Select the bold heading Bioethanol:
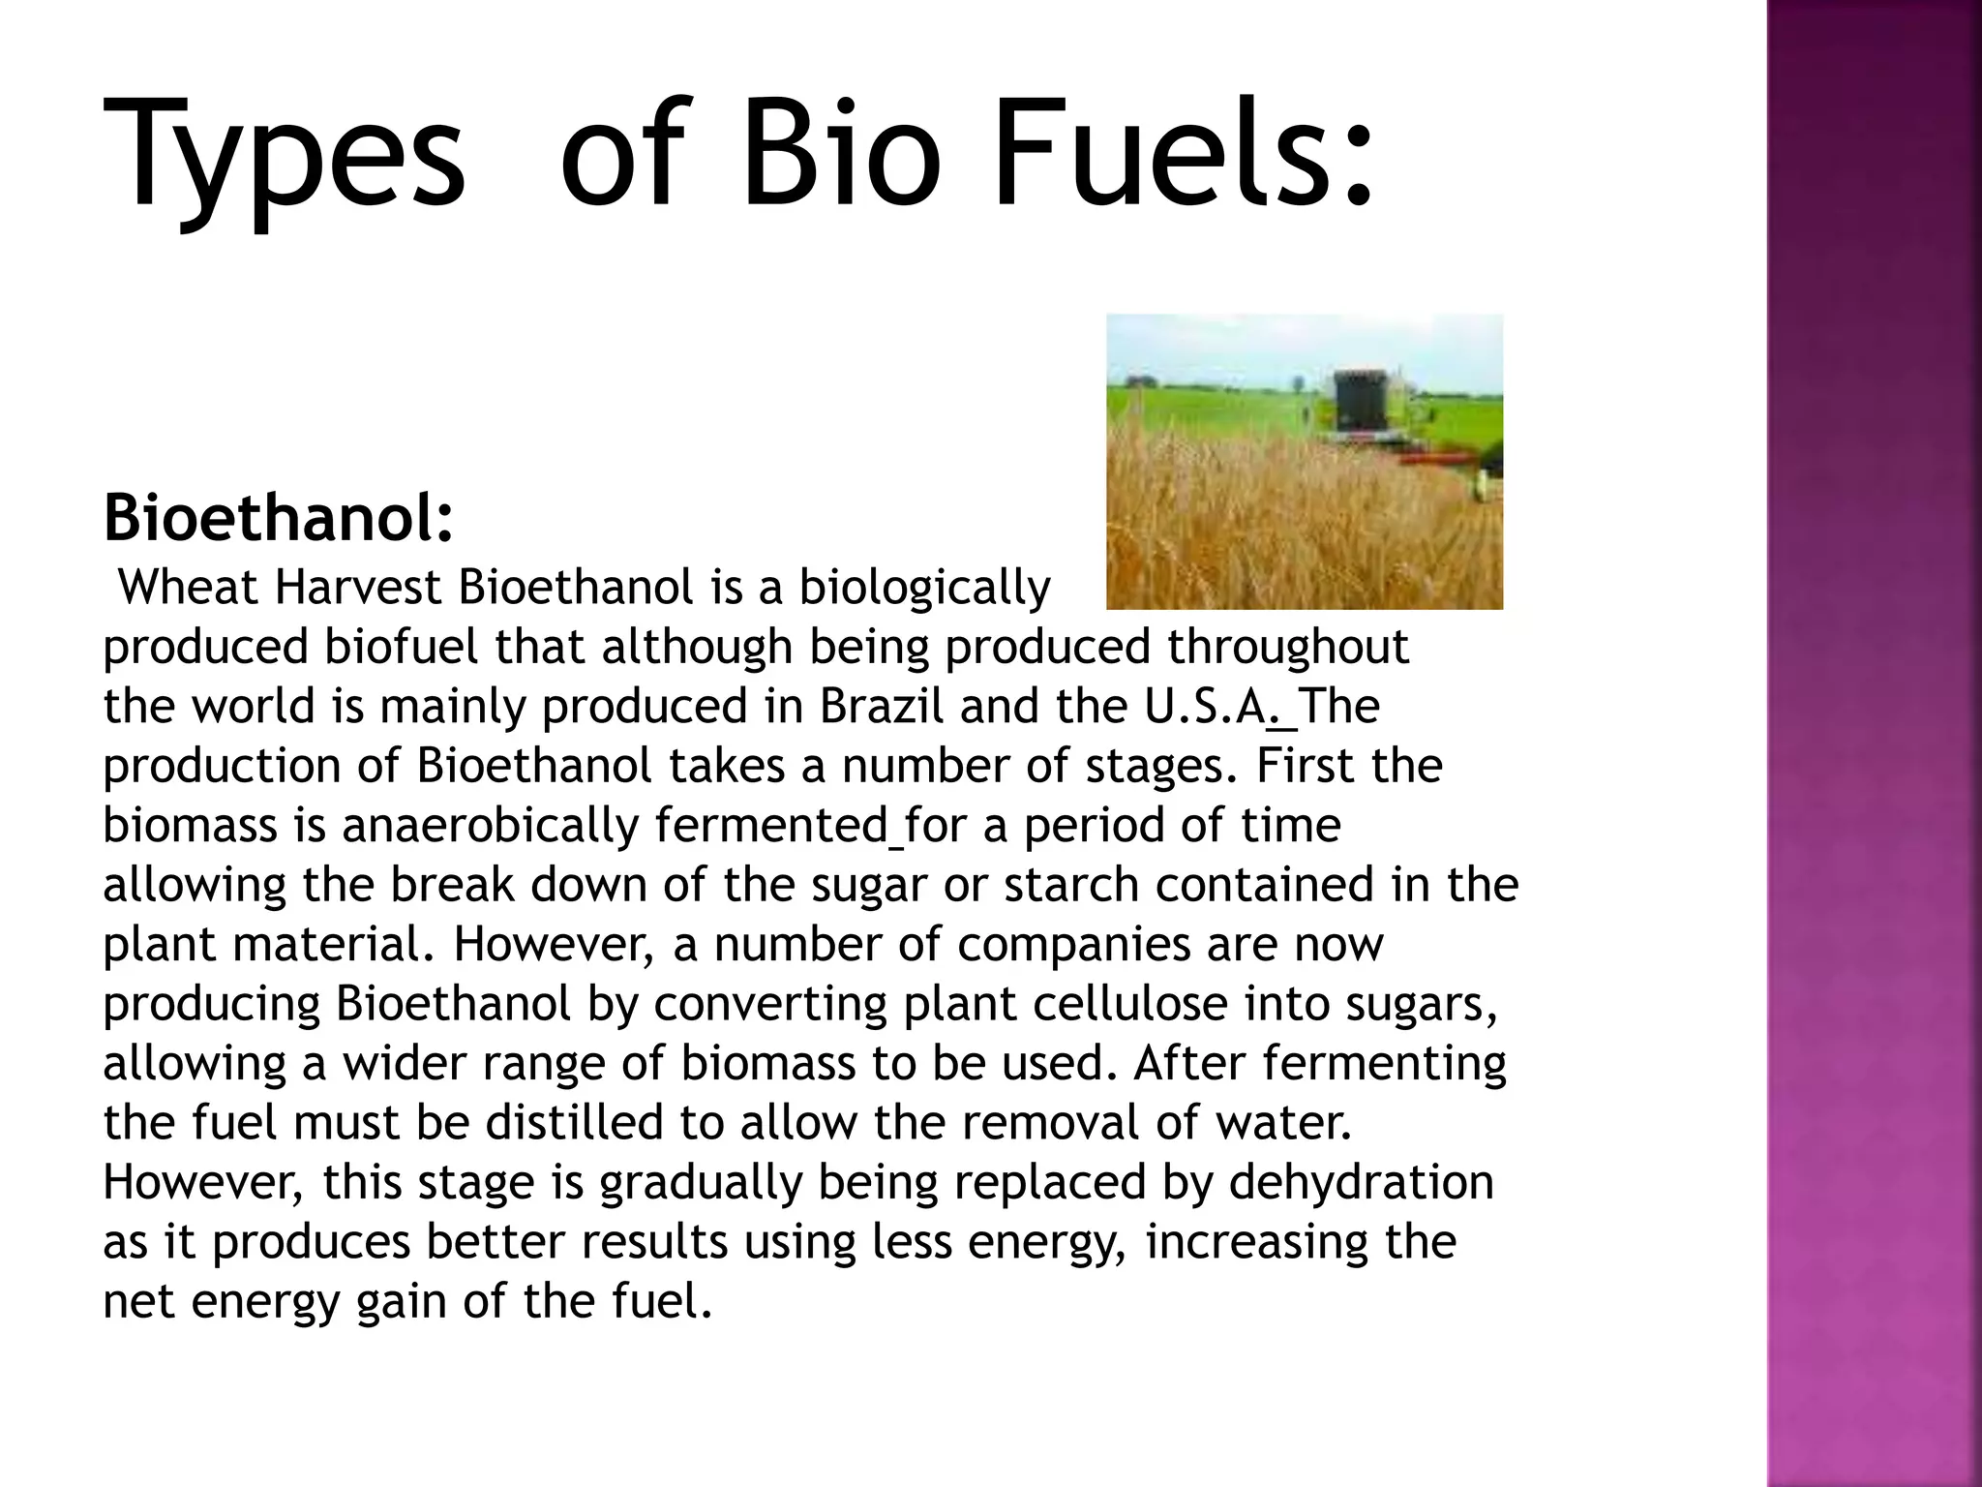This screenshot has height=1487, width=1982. [x=278, y=517]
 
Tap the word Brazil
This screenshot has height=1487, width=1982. [x=881, y=706]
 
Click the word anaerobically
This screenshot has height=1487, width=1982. [x=490, y=826]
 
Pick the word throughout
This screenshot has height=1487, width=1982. [x=1287, y=647]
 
